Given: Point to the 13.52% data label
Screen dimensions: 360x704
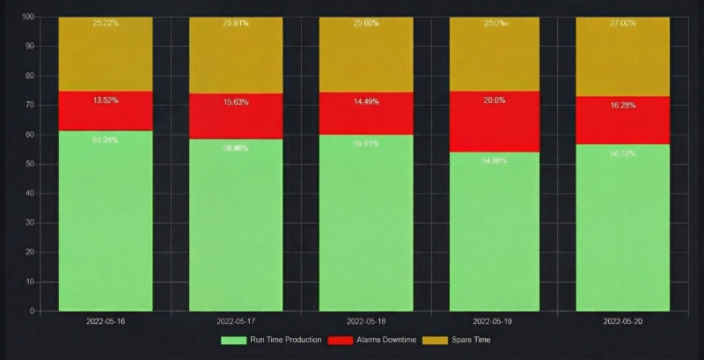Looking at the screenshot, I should pyautogui.click(x=106, y=100).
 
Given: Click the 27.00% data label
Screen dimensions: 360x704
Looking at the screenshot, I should pyautogui.click(x=622, y=24).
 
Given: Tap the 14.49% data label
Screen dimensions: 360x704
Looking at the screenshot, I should pyautogui.click(x=366, y=101).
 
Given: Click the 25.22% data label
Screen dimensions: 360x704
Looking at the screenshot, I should pyautogui.click(x=106, y=24).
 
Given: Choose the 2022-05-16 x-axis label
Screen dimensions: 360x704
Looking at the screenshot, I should pyautogui.click(x=106, y=322).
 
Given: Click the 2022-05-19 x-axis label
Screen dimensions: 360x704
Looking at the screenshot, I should pyautogui.click(x=495, y=322).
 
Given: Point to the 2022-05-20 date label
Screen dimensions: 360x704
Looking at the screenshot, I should pyautogui.click(x=622, y=322).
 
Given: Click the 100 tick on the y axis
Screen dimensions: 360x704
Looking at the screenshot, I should pyautogui.click(x=28, y=17).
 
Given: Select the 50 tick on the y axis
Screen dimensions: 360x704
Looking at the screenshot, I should pyautogui.click(x=31, y=164).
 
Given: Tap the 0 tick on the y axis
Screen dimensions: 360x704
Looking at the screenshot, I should pyautogui.click(x=33, y=311).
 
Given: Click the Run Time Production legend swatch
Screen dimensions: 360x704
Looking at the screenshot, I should pyautogui.click(x=233, y=340).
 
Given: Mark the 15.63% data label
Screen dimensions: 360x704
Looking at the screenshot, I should pyautogui.click(x=236, y=102).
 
